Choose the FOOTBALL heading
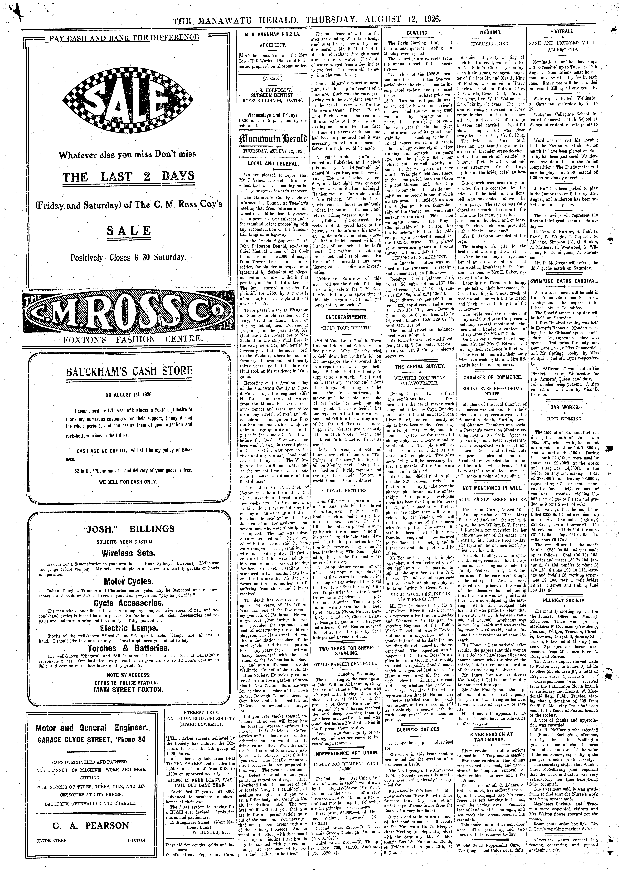tap(562, 31)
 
